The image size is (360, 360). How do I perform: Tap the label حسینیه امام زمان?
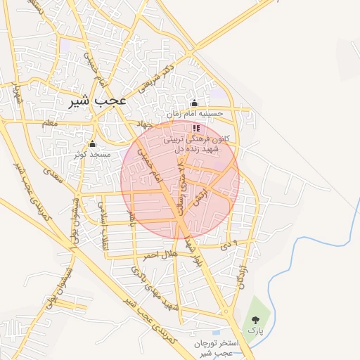click(195, 113)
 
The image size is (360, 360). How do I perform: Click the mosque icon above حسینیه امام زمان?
click(195, 103)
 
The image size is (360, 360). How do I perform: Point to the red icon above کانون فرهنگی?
click(195, 129)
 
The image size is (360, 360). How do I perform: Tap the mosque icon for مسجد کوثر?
click(92, 143)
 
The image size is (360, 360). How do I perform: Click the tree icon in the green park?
click(254, 320)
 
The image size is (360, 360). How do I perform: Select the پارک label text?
click(253, 330)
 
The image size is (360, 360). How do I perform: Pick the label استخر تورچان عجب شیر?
click(215, 347)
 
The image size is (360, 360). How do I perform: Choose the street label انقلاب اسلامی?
click(103, 218)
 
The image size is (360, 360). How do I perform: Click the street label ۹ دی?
click(223, 243)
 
